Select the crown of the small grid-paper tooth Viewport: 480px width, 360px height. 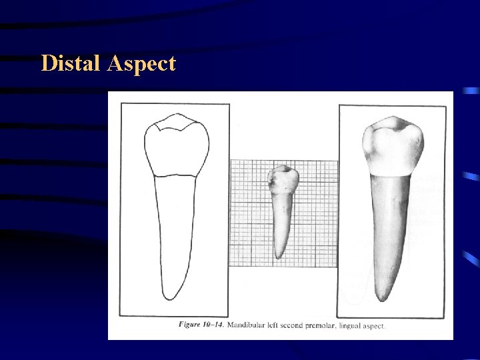coord(283,180)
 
